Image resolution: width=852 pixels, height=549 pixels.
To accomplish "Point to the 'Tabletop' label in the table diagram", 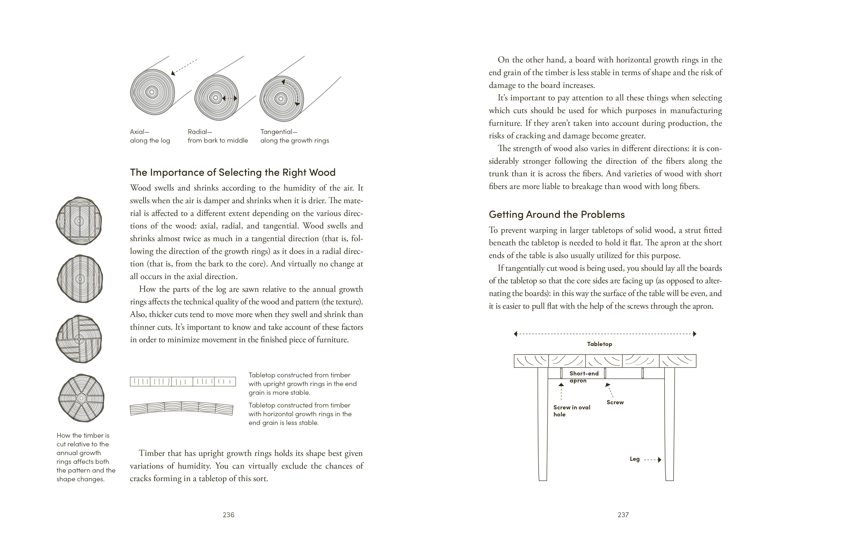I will (x=599, y=344).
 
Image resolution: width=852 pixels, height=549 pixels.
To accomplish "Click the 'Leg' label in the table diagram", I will (x=634, y=459).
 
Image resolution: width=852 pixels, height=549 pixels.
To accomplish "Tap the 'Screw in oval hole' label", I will (x=572, y=411).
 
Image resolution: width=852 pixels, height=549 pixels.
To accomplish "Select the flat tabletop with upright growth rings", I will (x=183, y=381).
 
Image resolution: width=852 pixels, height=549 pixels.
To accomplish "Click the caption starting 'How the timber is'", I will (x=86, y=457).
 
